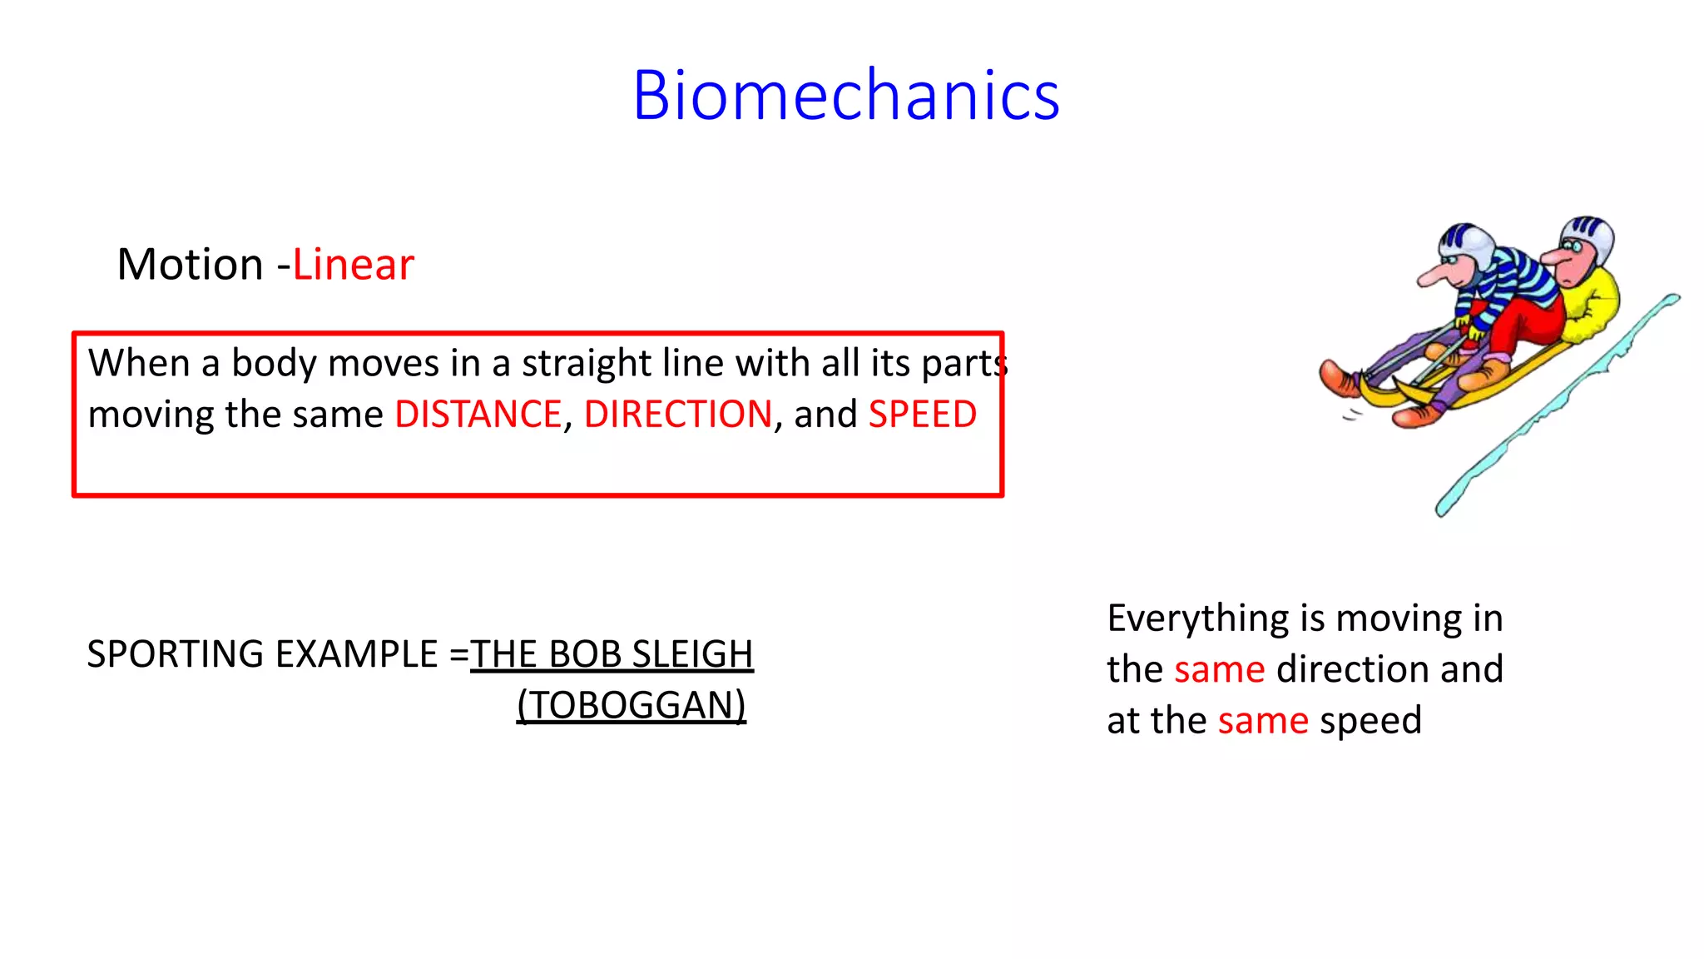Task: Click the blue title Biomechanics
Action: [845, 96]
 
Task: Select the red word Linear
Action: [353, 265]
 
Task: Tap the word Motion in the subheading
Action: [191, 265]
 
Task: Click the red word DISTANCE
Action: [478, 415]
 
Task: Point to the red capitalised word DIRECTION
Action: [678, 415]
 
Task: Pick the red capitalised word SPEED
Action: [922, 415]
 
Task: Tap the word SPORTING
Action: [176, 654]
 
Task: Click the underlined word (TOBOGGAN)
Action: [632, 706]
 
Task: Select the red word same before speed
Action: [1263, 721]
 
